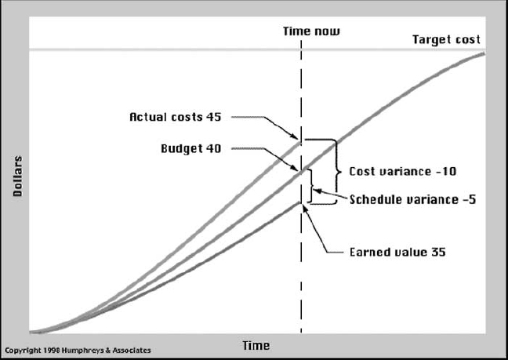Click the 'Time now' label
311,31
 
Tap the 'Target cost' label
446,39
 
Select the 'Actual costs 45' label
176,117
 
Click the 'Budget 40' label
190,148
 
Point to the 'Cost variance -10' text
403,171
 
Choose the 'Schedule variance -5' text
412,199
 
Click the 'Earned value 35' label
397,252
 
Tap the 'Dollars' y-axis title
17,176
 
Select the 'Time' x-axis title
256,345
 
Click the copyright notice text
78,351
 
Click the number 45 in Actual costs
213,117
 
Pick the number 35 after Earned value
438,252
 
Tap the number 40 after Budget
213,148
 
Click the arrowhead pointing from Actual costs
294,136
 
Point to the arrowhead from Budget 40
294,168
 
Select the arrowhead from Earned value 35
304,209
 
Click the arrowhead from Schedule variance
317,191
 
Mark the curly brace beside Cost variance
337,171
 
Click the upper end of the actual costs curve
300,142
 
